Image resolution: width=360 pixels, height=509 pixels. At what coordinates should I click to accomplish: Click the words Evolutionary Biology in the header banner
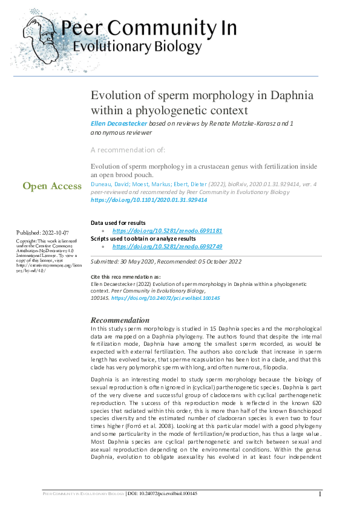137,47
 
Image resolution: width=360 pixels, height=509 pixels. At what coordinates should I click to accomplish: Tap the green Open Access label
52,186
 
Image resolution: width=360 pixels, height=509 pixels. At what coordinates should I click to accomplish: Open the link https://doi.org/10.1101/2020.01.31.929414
149,199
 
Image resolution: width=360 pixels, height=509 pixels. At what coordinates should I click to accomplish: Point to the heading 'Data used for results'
121,223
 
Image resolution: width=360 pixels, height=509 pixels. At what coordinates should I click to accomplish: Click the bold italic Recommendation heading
120,320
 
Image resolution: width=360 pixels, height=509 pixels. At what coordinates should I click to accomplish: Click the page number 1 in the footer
319,494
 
